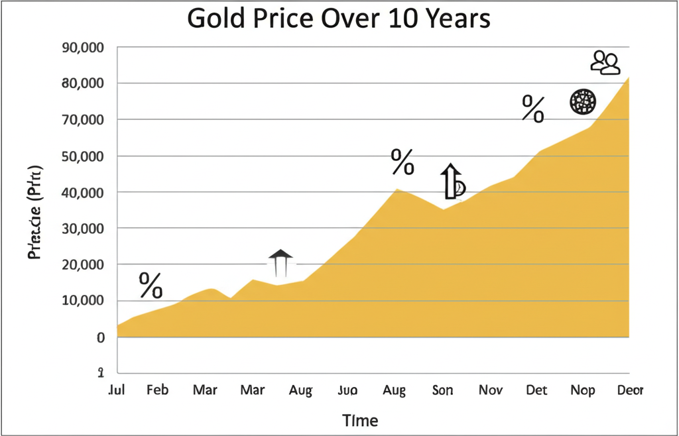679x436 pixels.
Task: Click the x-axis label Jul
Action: (117, 390)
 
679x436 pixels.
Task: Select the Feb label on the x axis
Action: (157, 390)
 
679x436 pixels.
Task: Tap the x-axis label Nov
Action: (491, 390)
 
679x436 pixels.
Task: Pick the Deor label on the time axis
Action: (629, 390)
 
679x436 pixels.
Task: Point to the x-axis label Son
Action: (442, 390)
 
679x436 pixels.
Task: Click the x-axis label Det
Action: (536, 390)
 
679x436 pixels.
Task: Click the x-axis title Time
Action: (360, 420)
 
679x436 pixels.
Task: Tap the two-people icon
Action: (605, 62)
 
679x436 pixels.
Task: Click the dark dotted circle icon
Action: (584, 101)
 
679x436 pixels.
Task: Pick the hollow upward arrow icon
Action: (450, 181)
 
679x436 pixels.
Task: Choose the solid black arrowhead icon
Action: (280, 254)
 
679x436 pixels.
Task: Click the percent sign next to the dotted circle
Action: (533, 108)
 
